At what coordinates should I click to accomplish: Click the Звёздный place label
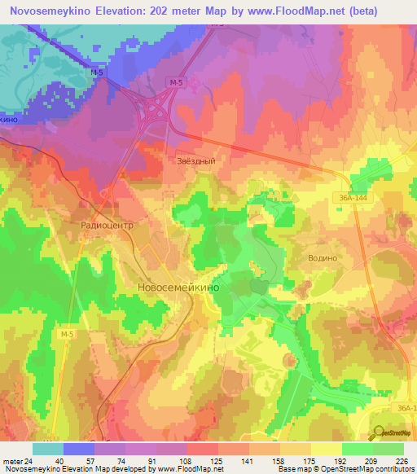195,161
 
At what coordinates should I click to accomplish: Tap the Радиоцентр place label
107,221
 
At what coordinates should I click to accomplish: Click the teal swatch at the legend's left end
47,449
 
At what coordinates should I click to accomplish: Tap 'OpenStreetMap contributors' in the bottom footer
367,469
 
